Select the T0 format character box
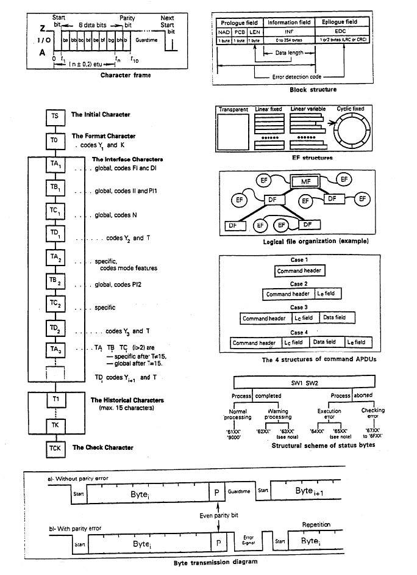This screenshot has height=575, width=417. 55,140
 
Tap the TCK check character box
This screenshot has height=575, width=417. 55,449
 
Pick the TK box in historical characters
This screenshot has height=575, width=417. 55,423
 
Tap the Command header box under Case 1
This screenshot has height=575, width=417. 299,271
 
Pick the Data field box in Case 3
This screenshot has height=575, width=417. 334,318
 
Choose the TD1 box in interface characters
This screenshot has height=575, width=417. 55,236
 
